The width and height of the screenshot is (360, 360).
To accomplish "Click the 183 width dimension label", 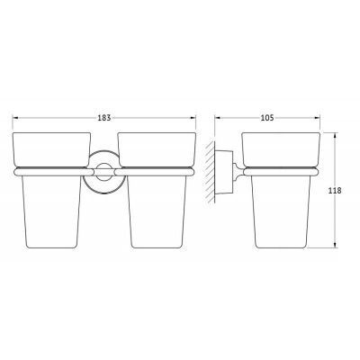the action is pyautogui.click(x=104, y=118).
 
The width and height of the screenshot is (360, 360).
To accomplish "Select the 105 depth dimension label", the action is pyautogui.click(x=267, y=118).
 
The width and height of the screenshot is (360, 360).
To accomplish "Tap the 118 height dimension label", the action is pyautogui.click(x=335, y=190).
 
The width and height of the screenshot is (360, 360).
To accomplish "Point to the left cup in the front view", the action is pyautogui.click(x=51, y=190).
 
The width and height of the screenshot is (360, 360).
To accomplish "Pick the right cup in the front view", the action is pyautogui.click(x=157, y=190).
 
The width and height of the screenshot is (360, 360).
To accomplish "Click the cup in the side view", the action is pyautogui.click(x=281, y=190).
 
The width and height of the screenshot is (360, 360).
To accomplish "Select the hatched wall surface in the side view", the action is pyautogui.click(x=210, y=172).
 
